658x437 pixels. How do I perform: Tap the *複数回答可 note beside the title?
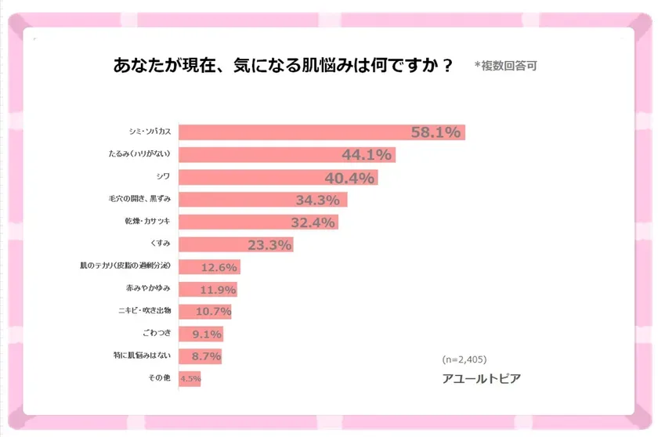tap(505, 67)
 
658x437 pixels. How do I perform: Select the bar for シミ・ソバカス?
tap(321, 132)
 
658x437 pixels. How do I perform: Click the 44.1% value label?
tap(367, 155)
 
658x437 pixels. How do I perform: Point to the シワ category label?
tap(162, 177)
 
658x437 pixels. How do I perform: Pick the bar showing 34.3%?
tap(262, 200)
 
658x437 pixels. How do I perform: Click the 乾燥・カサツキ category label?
tap(148, 222)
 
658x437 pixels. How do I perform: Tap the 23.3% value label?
tap(269, 245)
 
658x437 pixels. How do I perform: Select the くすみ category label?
tap(160, 244)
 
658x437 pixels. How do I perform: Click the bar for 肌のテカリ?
tap(208, 267)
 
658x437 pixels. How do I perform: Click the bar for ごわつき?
tap(201, 334)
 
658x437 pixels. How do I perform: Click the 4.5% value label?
tap(190, 380)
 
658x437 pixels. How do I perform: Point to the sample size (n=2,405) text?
tap(465, 359)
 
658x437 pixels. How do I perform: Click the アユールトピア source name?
tap(481, 378)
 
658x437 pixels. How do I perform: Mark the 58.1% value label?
tap(436, 132)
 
